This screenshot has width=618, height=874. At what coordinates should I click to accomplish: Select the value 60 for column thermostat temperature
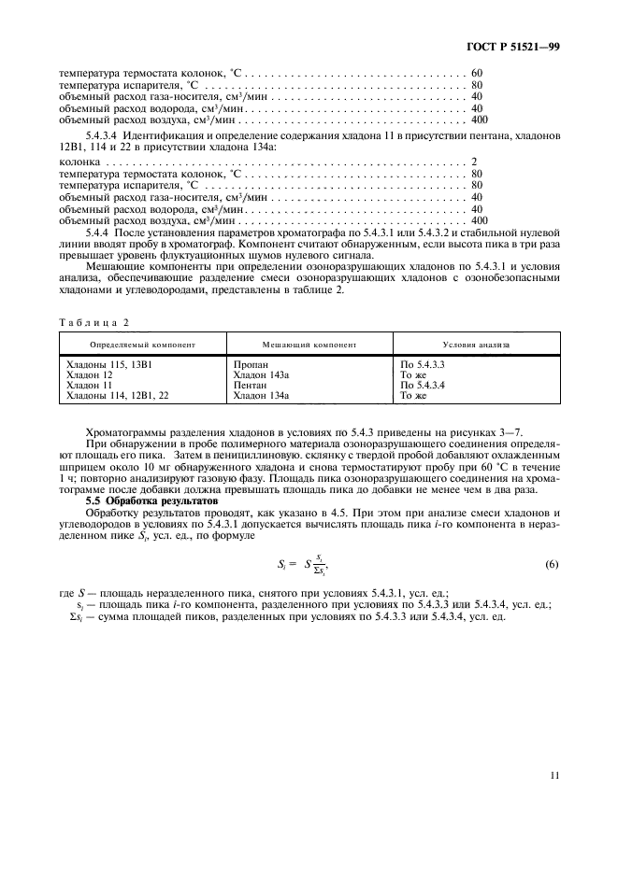pos(477,73)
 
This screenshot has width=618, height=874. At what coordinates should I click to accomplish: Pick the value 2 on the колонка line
pos(475,162)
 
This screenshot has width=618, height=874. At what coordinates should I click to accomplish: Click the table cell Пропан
pos(249,362)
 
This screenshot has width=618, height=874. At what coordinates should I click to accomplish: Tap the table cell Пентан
pos(250,385)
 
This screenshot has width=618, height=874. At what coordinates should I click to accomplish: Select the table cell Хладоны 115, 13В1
pos(106,362)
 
